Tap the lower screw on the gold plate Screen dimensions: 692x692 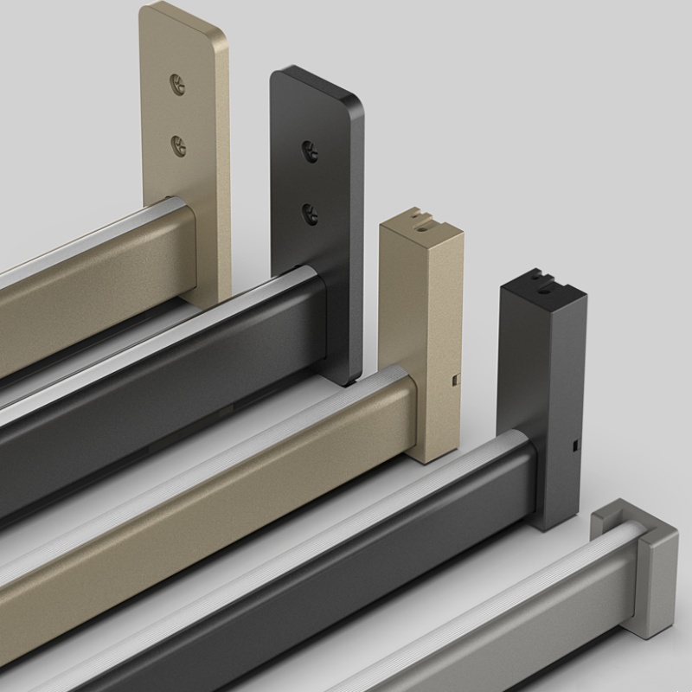coord(179,145)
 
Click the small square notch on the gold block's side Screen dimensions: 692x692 coord(454,379)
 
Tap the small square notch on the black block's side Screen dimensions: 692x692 coord(574,446)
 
